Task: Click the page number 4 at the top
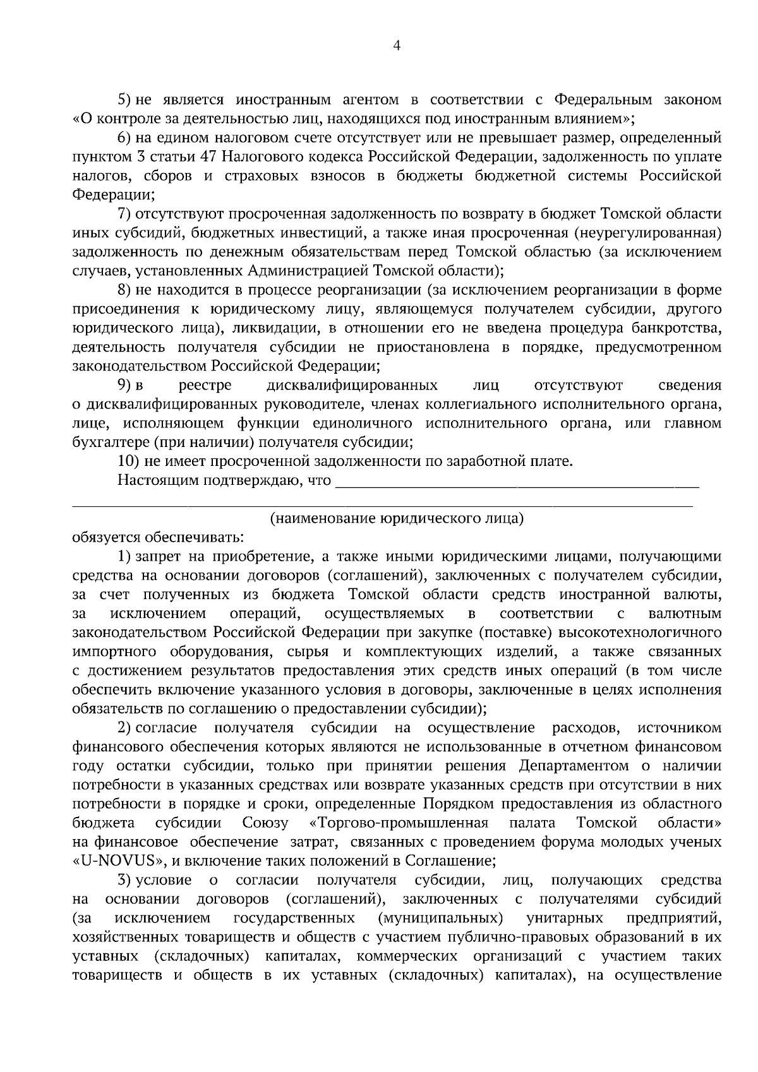[x=397, y=45]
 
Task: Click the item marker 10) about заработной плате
[x=129, y=462]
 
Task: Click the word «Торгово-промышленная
[x=399, y=823]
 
